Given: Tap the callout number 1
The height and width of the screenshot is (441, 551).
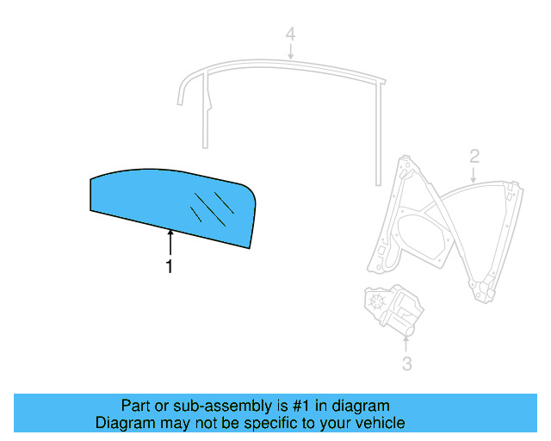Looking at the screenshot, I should [x=170, y=267].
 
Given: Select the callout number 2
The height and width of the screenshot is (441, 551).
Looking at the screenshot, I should [x=474, y=156].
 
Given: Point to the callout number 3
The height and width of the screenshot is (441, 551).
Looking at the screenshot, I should [x=406, y=363].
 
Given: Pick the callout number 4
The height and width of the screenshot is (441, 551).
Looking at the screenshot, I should [x=291, y=34].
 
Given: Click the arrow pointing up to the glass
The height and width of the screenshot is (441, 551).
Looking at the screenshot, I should [x=170, y=242].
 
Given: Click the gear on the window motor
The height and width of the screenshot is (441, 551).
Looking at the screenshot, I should [x=376, y=301].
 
